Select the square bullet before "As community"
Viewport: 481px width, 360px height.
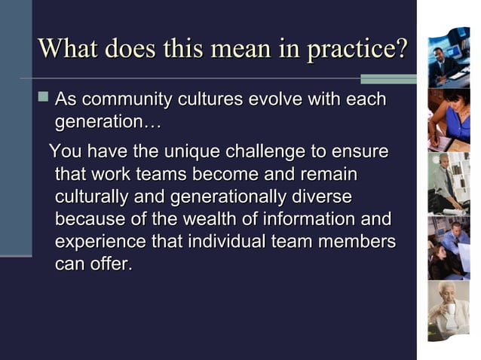coord(43,99)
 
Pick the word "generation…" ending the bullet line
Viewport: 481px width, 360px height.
coord(105,121)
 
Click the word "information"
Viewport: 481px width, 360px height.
coord(312,220)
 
